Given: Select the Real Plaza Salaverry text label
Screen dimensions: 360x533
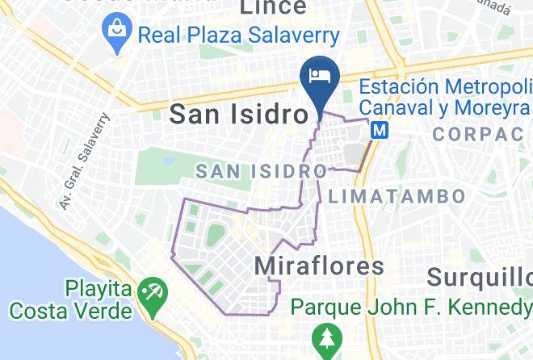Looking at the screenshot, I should coord(238,36).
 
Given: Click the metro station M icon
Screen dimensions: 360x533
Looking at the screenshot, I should coord(380,128).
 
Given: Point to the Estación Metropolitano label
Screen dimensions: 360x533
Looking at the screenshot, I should coord(446,86).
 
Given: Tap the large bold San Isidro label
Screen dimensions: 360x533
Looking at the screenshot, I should coord(239,115).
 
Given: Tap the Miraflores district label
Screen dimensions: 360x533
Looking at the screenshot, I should coord(319,266).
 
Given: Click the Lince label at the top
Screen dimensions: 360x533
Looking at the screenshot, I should coord(274,7).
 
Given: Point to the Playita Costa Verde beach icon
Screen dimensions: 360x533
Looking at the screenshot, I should coord(150,291).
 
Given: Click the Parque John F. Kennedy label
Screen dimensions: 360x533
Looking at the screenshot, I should coord(411,308).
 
